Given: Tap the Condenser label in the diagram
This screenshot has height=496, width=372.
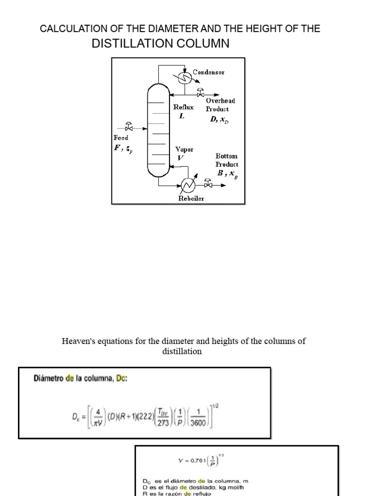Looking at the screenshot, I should click(208, 72).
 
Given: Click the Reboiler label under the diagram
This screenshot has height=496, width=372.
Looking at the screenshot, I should click(191, 198).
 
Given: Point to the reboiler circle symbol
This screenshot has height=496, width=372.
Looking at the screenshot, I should click(187, 184).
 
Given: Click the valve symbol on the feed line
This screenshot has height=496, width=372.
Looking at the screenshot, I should click(129, 127).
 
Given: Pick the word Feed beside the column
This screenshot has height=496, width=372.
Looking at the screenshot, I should click(121, 138).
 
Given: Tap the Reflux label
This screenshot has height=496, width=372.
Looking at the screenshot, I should click(183, 107).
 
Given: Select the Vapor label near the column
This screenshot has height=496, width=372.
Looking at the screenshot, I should click(184, 150).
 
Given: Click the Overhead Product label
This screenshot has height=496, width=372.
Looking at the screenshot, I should click(220, 105).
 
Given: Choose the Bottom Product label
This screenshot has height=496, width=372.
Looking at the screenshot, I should click(227, 160).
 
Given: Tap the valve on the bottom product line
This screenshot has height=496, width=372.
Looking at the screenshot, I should click(208, 184).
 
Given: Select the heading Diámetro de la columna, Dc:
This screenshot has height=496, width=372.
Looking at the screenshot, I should click(80, 378).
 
